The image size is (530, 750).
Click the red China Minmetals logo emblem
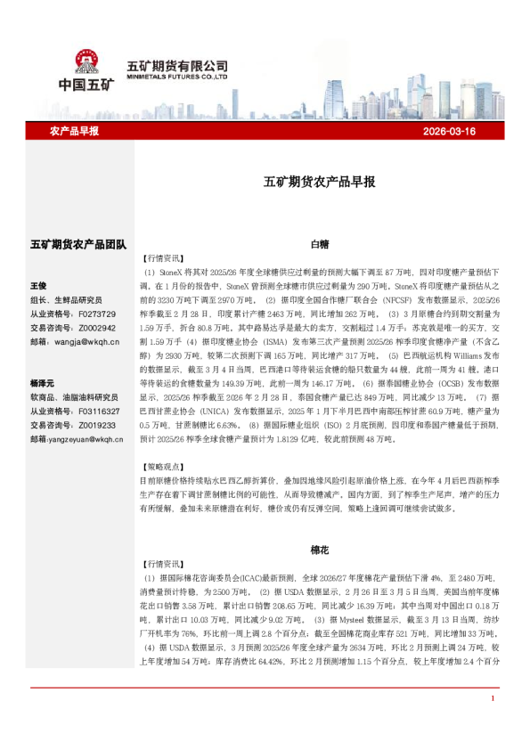click(86, 61)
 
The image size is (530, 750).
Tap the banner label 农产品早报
click(75, 131)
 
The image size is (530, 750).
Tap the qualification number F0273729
click(97, 314)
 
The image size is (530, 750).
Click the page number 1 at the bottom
click(492, 723)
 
